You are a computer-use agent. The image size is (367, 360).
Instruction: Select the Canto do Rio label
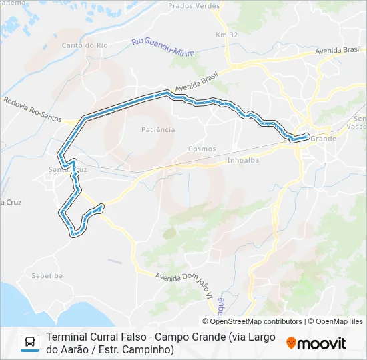(x=84, y=45)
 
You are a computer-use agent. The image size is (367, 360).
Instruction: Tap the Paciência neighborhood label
(x=159, y=129)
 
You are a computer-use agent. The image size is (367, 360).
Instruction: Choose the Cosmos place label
(x=202, y=149)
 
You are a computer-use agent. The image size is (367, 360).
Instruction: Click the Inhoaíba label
(x=243, y=160)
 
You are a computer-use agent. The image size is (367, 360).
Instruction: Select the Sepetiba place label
(x=47, y=275)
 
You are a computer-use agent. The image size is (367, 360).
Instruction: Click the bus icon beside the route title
(x=31, y=343)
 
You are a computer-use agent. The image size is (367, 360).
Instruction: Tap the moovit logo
(x=316, y=343)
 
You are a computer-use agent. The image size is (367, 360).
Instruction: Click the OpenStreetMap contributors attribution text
(x=253, y=321)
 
